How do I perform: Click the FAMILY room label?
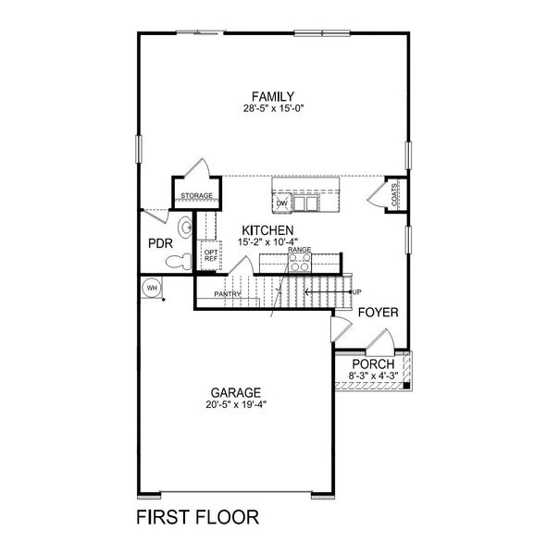tap(274, 96)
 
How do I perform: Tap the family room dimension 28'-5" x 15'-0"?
tap(274, 108)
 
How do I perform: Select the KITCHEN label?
tap(268, 230)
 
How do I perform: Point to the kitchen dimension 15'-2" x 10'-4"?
tap(268, 241)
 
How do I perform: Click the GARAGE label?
tap(234, 392)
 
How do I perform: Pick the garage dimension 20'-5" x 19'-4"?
tap(234, 404)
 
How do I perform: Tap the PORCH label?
tap(372, 364)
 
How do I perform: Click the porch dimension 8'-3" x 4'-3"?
tap(372, 376)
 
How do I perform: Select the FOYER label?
tap(378, 313)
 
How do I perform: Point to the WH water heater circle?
tap(150, 289)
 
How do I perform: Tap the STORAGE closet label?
tap(196, 196)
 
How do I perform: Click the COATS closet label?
tap(394, 195)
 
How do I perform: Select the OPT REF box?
tap(211, 254)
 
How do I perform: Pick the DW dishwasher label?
tap(281, 203)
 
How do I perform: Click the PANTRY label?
tap(228, 294)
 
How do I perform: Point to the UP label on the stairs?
tap(356, 292)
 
